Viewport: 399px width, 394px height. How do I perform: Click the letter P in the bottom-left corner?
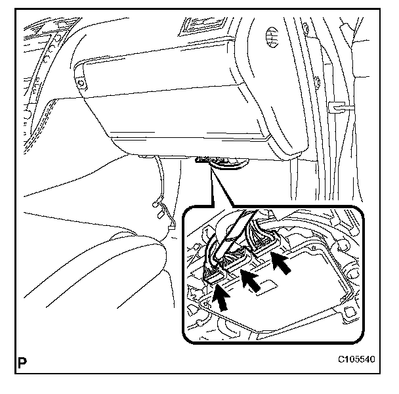(x=22, y=362)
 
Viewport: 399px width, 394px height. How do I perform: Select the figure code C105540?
(x=356, y=359)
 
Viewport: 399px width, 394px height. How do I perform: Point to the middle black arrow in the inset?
(x=251, y=281)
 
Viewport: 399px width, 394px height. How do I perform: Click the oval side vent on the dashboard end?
(x=272, y=37)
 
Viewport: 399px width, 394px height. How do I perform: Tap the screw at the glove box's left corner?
(x=81, y=83)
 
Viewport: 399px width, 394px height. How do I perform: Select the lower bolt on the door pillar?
(x=318, y=82)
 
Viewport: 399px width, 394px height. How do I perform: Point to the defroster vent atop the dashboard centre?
(x=203, y=26)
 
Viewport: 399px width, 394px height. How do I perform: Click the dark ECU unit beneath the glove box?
(x=221, y=162)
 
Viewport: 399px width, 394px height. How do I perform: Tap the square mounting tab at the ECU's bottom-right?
(x=348, y=312)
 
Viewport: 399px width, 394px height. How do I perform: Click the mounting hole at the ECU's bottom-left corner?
(x=205, y=303)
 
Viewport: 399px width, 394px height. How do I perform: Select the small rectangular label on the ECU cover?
(x=266, y=287)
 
